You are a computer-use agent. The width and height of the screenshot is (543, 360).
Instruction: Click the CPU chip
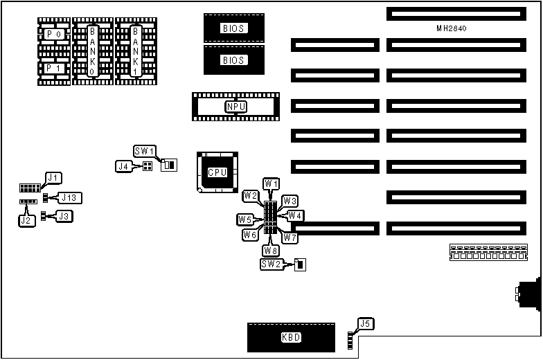[x=217, y=172]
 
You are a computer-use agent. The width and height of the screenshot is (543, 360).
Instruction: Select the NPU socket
[x=235, y=106]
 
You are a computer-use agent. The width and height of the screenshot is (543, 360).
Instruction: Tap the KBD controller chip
[x=291, y=338]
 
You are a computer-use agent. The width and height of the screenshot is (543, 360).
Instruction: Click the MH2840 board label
[x=454, y=28]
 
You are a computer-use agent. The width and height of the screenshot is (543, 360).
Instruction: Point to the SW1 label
[x=145, y=151]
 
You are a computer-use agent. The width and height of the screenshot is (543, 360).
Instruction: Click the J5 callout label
[x=365, y=323]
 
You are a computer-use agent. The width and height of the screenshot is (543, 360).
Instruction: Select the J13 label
[x=71, y=198]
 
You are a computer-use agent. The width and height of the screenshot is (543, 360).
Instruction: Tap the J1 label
[x=53, y=178]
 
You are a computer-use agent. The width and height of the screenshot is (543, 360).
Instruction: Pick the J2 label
[x=27, y=220]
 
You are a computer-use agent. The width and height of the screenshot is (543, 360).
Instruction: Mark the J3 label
[x=64, y=216]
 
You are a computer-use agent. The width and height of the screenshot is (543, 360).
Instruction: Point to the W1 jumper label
[x=271, y=183]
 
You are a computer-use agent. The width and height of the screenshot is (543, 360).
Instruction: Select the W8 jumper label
[x=270, y=250]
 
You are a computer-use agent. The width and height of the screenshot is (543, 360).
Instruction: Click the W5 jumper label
[x=244, y=219]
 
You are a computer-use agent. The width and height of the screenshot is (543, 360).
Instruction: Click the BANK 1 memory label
[x=136, y=51]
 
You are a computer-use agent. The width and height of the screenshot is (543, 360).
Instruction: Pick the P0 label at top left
[x=53, y=34]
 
